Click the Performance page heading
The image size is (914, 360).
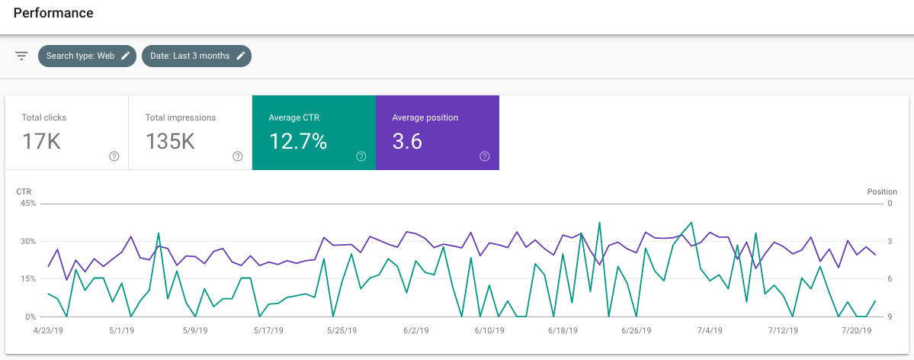click(x=53, y=14)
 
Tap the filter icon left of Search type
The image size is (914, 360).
click(x=21, y=56)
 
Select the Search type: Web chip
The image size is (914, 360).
click(x=80, y=56)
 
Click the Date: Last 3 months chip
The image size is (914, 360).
click(x=190, y=56)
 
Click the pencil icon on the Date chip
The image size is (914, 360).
click(x=241, y=56)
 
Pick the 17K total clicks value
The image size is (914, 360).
click(x=41, y=142)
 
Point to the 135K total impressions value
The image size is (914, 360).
click(x=170, y=142)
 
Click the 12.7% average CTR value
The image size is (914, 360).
click(x=298, y=142)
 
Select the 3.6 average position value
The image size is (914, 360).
click(x=407, y=142)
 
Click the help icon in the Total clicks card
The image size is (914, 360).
click(x=114, y=156)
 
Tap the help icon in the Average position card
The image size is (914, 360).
click(x=485, y=156)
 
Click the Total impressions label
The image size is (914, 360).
click(x=181, y=117)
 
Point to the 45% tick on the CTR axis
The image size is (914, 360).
click(x=27, y=204)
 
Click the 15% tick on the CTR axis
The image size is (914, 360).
click(x=27, y=279)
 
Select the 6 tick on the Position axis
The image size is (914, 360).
click(x=890, y=279)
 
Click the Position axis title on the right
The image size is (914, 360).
click(x=882, y=191)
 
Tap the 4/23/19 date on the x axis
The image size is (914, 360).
click(x=47, y=331)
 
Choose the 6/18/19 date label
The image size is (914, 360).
click(x=563, y=331)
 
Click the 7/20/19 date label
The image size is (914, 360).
click(x=857, y=331)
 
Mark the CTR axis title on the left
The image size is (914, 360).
click(x=24, y=191)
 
